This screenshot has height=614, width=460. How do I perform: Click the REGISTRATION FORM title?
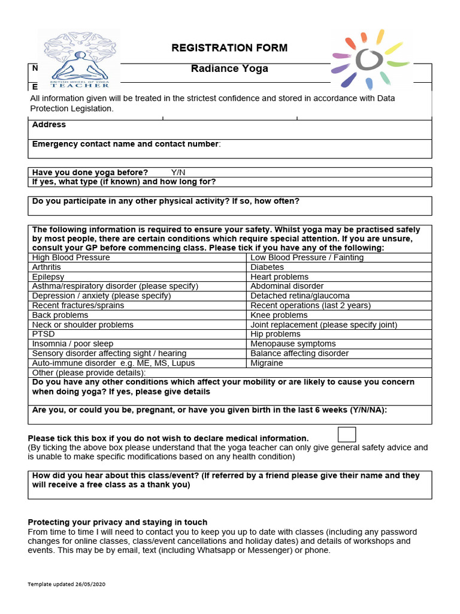tap(229, 48)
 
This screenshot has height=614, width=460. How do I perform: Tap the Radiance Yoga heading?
tap(229, 68)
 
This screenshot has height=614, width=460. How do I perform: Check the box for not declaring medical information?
tap(347, 435)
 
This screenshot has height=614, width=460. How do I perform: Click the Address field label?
tap(49, 125)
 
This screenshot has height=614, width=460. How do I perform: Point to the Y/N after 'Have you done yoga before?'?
tap(178, 173)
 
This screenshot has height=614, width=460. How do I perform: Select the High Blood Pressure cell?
tap(71, 257)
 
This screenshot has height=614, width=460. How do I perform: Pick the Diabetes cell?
tap(267, 267)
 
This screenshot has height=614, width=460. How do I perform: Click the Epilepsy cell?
tap(49, 277)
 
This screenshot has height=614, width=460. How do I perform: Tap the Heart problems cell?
tap(280, 277)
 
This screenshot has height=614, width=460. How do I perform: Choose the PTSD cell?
tap(43, 334)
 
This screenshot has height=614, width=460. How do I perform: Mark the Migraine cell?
tap(267, 363)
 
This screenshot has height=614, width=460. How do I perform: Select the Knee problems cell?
tap(279, 315)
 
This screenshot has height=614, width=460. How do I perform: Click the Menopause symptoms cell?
tap(293, 344)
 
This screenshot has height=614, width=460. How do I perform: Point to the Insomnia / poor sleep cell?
tap(72, 344)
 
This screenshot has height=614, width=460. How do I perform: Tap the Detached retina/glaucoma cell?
tap(300, 296)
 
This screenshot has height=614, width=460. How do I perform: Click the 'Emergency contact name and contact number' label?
tap(126, 144)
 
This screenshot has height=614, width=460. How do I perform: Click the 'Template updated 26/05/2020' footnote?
tap(67, 584)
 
